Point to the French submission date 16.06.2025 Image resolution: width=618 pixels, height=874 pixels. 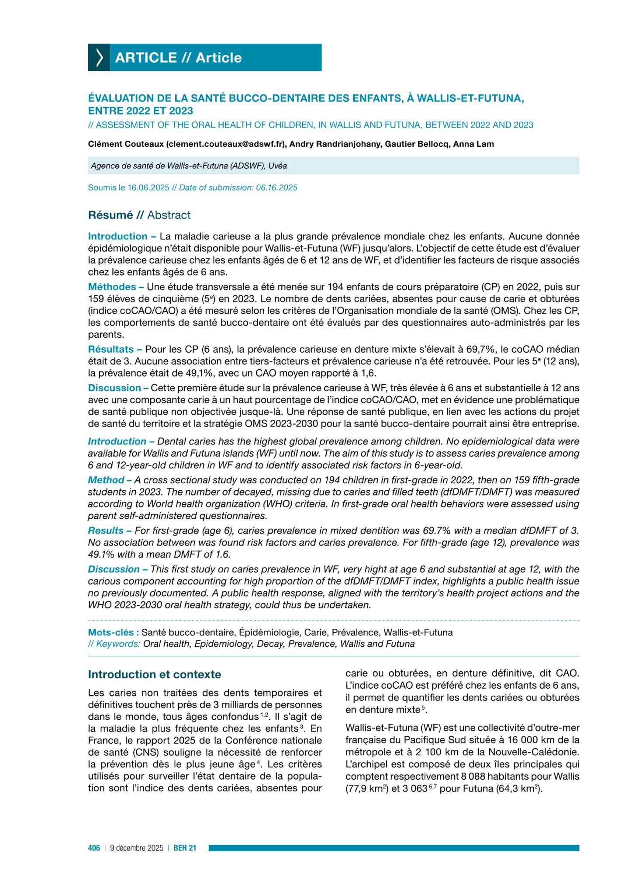click(x=148, y=188)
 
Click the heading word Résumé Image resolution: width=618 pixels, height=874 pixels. click(x=110, y=215)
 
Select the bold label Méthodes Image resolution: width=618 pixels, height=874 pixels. click(x=112, y=287)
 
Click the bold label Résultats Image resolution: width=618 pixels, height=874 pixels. click(x=111, y=350)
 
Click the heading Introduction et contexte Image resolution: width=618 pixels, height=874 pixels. click(x=155, y=675)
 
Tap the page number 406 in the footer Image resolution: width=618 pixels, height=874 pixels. click(x=94, y=848)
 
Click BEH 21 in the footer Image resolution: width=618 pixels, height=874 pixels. click(x=185, y=848)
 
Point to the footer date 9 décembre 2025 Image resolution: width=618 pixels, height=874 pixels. click(x=137, y=848)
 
